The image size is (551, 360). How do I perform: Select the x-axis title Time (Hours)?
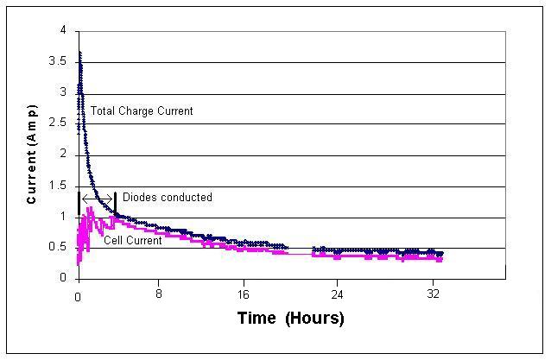[x=290, y=319]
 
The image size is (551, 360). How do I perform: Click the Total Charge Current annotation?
[x=142, y=111]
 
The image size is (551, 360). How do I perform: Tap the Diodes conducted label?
[x=167, y=198]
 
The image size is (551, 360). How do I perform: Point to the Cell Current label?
[x=132, y=240]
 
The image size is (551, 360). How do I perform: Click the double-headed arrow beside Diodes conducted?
[x=97, y=198]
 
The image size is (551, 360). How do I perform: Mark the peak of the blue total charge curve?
[x=79, y=54]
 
